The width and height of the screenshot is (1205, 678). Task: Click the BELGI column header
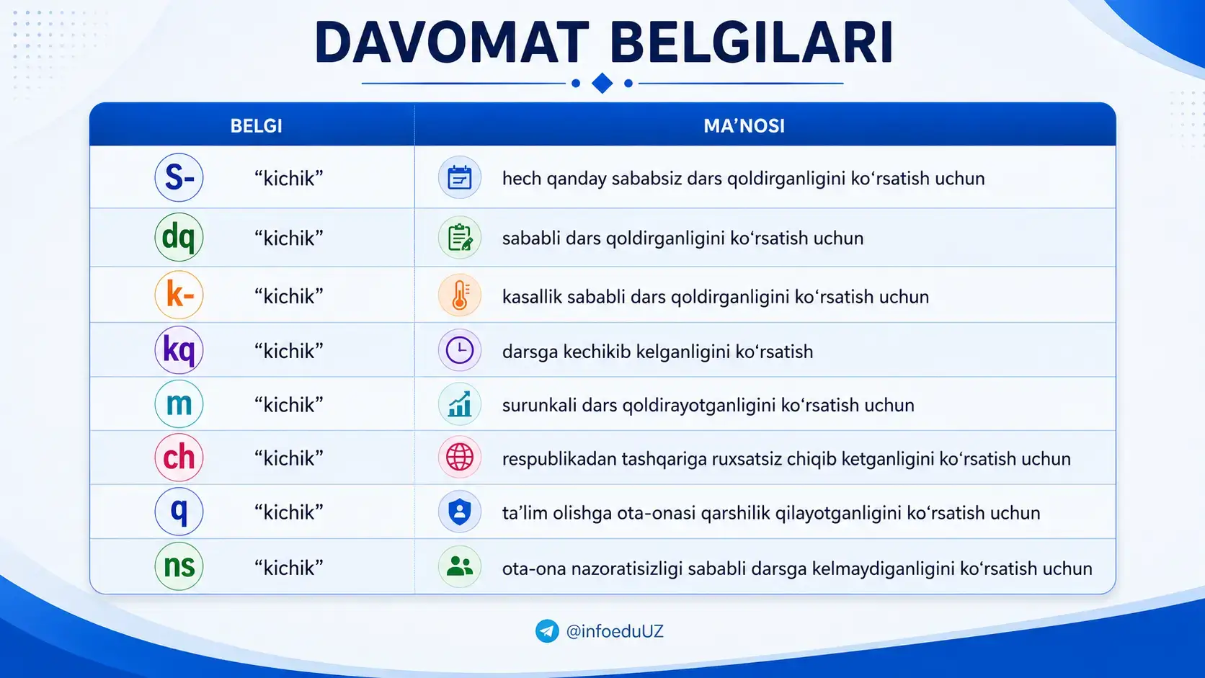(x=256, y=126)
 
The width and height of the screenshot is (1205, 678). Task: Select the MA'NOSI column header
(x=744, y=126)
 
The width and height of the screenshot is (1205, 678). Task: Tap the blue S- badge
(x=179, y=177)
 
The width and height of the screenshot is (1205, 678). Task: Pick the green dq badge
(x=179, y=236)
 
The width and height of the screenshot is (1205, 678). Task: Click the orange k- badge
(x=179, y=295)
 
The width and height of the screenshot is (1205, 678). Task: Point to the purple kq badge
(x=179, y=350)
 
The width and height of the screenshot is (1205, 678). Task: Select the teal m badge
(x=179, y=403)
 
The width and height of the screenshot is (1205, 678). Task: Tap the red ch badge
(x=179, y=458)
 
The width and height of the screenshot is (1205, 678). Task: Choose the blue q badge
(x=179, y=512)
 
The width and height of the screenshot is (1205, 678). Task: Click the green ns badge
(x=179, y=566)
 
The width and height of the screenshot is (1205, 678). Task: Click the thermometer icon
(x=459, y=295)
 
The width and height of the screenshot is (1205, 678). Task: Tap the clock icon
(x=459, y=351)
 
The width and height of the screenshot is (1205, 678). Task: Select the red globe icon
(x=459, y=458)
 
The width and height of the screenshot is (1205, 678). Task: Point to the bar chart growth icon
(x=459, y=404)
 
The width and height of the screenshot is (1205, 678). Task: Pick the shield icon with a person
(x=459, y=512)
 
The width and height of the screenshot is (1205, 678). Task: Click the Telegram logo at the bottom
(x=547, y=631)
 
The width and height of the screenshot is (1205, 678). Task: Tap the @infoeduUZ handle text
(x=615, y=631)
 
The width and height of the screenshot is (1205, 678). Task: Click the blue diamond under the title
(x=602, y=84)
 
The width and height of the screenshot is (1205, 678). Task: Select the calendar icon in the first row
(x=459, y=177)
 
